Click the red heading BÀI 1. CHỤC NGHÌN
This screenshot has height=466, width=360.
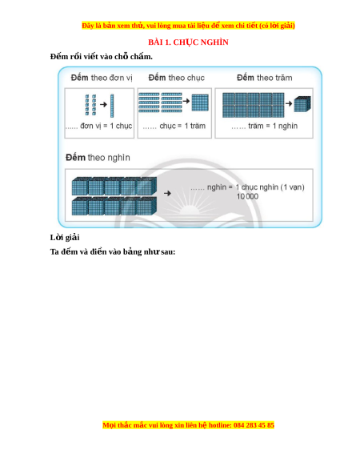pyautogui.click(x=188, y=42)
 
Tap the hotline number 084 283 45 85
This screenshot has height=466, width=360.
pyautogui.click(x=254, y=425)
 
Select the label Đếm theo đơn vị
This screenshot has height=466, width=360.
pyautogui.click(x=102, y=78)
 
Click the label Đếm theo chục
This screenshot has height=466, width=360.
pyautogui.click(x=177, y=78)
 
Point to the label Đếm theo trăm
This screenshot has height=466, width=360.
pyautogui.click(x=264, y=78)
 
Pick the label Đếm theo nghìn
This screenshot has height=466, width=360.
pyautogui.click(x=98, y=157)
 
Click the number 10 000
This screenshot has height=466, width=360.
pyautogui.click(x=247, y=196)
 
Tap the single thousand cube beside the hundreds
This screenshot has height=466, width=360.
pyautogui.click(x=302, y=104)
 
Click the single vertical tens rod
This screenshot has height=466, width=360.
pyautogui.click(x=112, y=106)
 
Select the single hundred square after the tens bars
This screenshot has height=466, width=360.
pyautogui.click(x=200, y=102)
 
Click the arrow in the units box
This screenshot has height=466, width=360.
pyautogui.click(x=103, y=104)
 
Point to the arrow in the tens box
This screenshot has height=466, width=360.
pyautogui.click(x=186, y=101)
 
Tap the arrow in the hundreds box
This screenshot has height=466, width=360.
pyautogui.click(x=289, y=103)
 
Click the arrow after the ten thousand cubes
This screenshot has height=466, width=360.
pyautogui.click(x=167, y=193)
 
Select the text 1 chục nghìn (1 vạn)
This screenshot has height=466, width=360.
pyautogui.click(x=270, y=187)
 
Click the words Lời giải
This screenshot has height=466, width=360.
pyautogui.click(x=65, y=237)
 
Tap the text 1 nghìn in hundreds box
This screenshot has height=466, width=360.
pyautogui.click(x=285, y=126)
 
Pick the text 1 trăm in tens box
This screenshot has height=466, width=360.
pyautogui.click(x=195, y=126)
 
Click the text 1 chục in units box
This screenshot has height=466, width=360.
pyautogui.click(x=121, y=126)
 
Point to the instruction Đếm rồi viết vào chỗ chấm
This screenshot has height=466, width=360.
pyautogui.click(x=102, y=57)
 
